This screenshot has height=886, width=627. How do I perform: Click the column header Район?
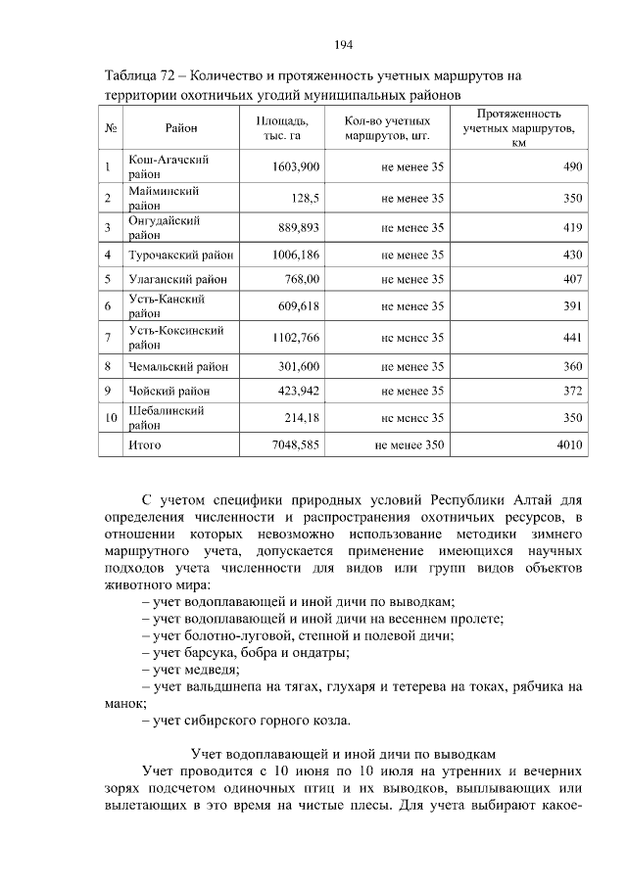click(x=181, y=128)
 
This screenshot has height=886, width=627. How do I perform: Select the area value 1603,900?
click(x=296, y=166)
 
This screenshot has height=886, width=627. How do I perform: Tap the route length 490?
click(x=572, y=166)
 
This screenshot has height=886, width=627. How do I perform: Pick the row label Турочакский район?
click(x=181, y=255)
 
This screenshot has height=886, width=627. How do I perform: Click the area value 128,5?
click(x=304, y=198)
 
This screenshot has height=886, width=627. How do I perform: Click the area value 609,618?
click(x=296, y=305)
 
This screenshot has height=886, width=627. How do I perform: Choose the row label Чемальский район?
click(x=178, y=367)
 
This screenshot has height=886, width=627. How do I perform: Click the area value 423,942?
click(x=296, y=392)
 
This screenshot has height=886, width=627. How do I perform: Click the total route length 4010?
click(x=569, y=444)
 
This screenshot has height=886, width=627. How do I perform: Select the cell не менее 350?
click(x=410, y=444)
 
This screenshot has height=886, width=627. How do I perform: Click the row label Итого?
click(x=145, y=444)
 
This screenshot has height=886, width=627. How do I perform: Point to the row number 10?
click(x=111, y=418)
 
